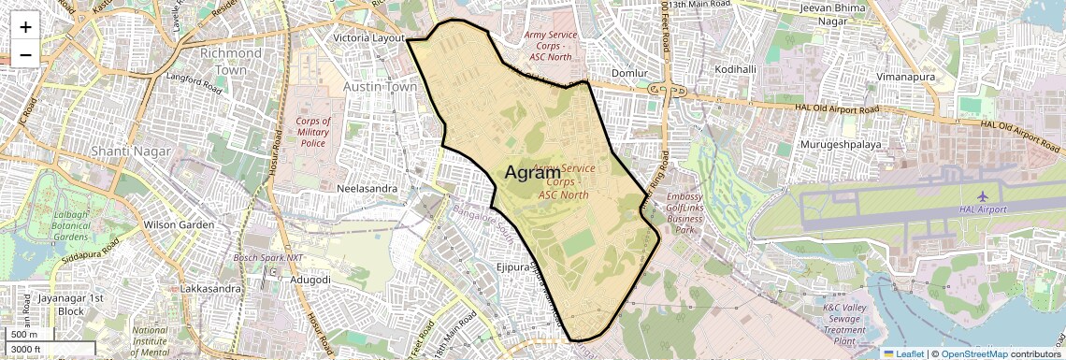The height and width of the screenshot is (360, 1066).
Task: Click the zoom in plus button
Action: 25,26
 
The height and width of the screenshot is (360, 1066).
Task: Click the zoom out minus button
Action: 25,54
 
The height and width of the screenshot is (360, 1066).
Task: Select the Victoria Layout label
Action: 369,37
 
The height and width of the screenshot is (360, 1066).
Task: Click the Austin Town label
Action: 380,86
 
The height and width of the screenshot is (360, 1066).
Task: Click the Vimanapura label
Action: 912,76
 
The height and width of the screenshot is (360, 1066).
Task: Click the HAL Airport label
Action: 981,209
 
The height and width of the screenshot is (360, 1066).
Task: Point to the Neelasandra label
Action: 367,188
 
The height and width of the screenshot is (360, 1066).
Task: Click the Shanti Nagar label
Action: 132,151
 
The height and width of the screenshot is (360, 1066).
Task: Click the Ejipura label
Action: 515,267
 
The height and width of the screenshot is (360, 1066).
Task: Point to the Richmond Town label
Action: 224,62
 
